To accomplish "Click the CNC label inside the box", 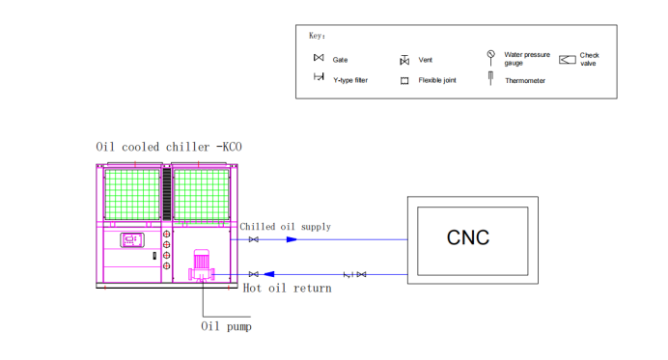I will tap(468, 237).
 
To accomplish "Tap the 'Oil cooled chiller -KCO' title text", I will tap(169, 147).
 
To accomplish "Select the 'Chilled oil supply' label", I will tap(286, 227).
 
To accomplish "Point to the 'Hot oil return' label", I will tap(287, 288).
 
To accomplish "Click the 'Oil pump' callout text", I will tap(226, 326).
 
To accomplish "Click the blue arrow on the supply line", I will tap(291, 239).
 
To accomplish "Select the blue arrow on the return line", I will tap(269, 274).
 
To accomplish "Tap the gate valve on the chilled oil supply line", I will tap(253, 239).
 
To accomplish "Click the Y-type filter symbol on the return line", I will tap(347, 275).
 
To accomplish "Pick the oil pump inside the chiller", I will tap(202, 265).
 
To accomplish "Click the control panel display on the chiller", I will tap(132, 239).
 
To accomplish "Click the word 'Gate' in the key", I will tap(340, 60).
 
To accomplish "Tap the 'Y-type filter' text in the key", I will tap(349, 80).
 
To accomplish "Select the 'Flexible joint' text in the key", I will tap(437, 81).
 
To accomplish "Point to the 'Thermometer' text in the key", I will tap(525, 81).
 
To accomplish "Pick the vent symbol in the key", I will tap(404, 61).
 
